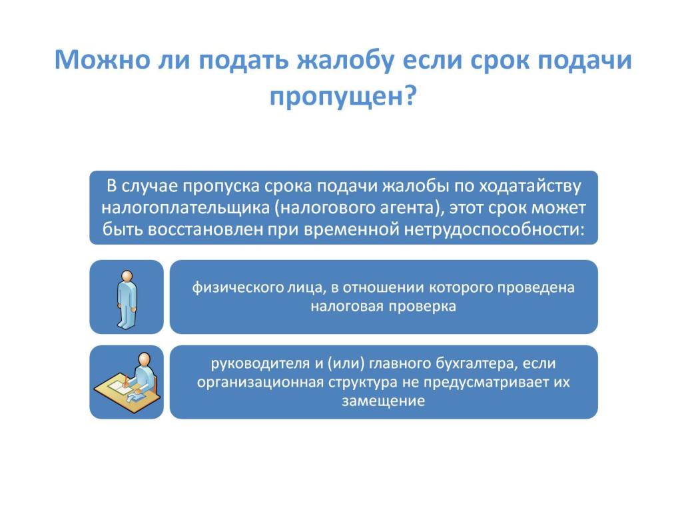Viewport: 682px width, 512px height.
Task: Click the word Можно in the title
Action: click(102, 59)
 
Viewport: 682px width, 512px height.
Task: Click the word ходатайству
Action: click(529, 187)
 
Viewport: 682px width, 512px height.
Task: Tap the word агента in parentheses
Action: click(409, 209)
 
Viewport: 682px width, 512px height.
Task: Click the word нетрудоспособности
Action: click(494, 229)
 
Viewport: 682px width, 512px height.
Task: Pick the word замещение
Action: click(383, 401)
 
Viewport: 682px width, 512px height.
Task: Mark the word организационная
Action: click(260, 383)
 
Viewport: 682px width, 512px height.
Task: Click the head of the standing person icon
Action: click(127, 277)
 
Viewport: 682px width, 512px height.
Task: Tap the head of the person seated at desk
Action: click(145, 359)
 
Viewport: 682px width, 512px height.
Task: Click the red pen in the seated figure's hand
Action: click(126, 381)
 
